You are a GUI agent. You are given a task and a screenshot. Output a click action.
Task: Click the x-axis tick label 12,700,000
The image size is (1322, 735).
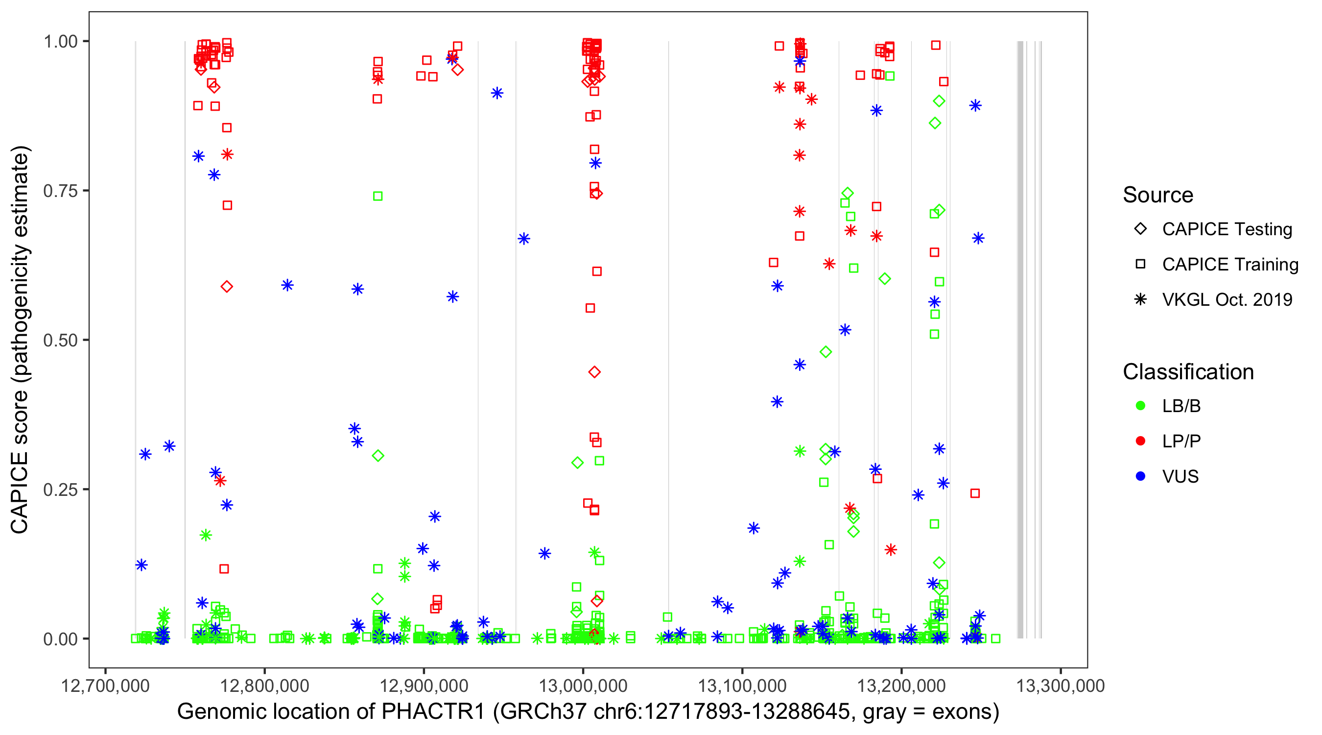click(x=105, y=686)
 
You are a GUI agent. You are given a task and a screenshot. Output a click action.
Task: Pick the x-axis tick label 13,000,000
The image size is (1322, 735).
click(x=583, y=686)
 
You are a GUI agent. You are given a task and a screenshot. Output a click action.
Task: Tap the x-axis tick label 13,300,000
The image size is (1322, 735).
click(x=1060, y=686)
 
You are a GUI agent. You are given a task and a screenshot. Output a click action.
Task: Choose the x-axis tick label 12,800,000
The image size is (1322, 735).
click(x=264, y=686)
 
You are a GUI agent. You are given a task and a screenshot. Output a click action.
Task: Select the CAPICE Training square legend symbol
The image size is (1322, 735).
click(x=1140, y=265)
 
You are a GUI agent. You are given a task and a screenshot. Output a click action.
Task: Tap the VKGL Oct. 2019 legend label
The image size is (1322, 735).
click(x=1227, y=300)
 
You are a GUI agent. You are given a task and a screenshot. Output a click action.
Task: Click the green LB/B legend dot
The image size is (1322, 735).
click(x=1140, y=406)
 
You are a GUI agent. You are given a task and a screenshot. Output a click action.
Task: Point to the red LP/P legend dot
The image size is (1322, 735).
click(x=1140, y=441)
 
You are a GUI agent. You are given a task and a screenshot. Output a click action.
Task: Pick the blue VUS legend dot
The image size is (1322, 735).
click(x=1140, y=477)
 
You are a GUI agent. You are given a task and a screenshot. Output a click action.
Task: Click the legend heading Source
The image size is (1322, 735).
click(x=1158, y=195)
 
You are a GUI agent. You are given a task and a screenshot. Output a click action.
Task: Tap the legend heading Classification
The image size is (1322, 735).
click(x=1188, y=372)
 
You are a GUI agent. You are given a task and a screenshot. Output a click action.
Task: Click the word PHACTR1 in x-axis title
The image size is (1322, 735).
click(x=433, y=712)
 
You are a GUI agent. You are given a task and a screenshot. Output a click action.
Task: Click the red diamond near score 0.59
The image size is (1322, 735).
click(x=227, y=287)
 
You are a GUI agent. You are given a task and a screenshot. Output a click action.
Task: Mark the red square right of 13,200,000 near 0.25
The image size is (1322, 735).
click(x=975, y=493)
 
